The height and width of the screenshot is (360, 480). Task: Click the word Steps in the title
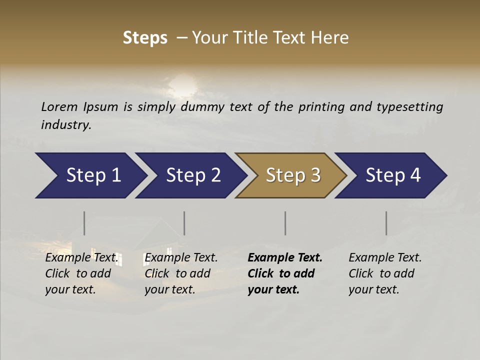145,38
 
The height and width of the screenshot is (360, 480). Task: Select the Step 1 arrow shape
90,175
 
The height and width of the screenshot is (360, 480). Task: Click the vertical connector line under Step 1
84,223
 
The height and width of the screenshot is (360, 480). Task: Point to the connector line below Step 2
184,223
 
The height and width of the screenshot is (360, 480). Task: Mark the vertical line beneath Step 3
285,223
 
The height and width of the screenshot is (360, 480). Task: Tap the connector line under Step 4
386,223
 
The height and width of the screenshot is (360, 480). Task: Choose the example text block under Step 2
181,273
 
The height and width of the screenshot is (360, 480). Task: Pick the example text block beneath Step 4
385,273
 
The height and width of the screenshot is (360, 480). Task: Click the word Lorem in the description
59,107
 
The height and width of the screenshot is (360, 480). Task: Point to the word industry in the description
65,125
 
